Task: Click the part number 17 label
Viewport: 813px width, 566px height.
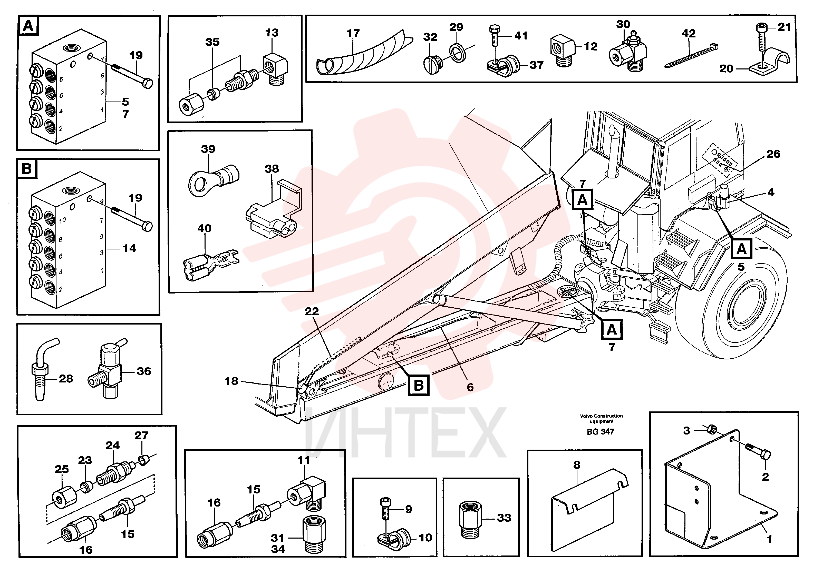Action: click(x=353, y=33)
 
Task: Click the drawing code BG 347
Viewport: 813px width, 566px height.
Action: click(x=600, y=432)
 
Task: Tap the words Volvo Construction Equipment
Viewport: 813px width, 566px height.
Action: click(x=601, y=419)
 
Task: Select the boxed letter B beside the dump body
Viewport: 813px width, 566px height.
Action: click(x=419, y=385)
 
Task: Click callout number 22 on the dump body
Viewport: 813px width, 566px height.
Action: click(x=312, y=311)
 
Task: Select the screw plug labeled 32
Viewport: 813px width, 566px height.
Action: click(x=433, y=64)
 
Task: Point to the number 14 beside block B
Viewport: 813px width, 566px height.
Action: click(x=129, y=249)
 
